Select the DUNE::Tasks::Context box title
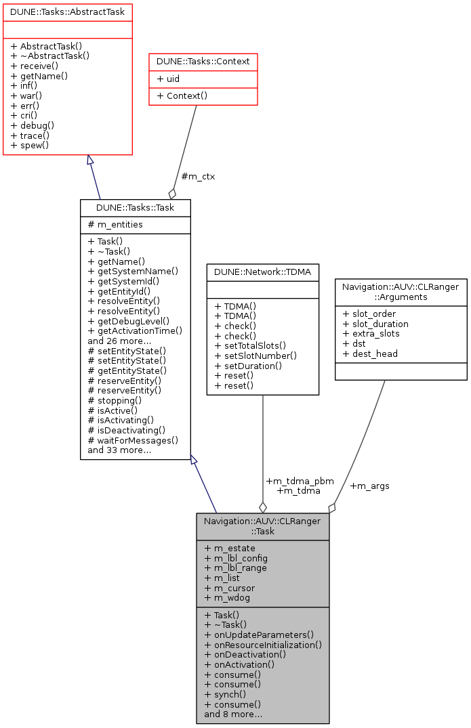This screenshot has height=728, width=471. [203, 62]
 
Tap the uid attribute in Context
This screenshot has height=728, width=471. [168, 79]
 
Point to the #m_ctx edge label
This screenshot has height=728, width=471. [198, 177]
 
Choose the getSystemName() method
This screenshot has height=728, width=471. [133, 271]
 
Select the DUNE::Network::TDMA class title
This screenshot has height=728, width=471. [263, 272]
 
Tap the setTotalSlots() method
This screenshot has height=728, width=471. [250, 345]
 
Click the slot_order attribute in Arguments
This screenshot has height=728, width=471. [369, 314]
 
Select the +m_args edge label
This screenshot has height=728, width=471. [369, 486]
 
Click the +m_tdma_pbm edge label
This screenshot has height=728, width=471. [300, 481]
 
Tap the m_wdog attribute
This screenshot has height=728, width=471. [229, 598]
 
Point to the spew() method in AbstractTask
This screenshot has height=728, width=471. [30, 145]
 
